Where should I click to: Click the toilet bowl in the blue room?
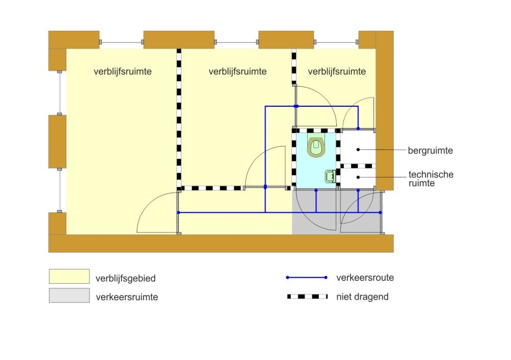316,146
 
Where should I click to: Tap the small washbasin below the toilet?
329,176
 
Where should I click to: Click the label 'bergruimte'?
430,150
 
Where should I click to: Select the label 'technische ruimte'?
431,178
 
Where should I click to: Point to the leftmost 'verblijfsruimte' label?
123,72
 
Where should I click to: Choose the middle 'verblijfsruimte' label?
238,72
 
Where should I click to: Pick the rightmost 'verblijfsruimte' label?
337,72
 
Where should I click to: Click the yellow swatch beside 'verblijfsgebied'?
69,276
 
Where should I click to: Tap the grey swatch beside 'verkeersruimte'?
69,295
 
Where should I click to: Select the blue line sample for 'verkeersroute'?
307,278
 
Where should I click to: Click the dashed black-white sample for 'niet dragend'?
307,297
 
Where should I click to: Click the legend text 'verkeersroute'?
365,278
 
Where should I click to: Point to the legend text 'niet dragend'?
362,297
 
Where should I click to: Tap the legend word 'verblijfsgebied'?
125,279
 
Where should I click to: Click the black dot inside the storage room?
358,149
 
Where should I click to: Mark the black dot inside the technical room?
358,177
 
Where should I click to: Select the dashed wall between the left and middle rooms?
179,118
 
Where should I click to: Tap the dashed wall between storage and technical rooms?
357,166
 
